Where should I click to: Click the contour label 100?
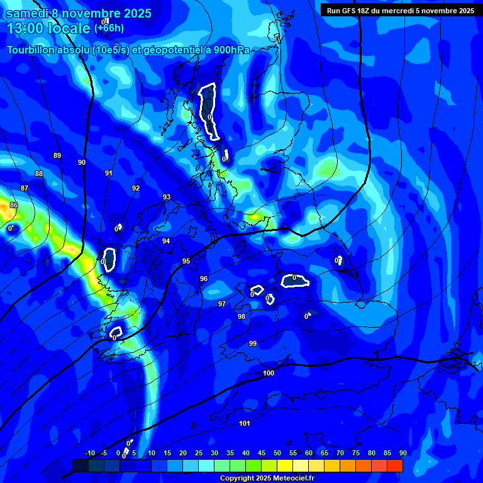click(x=269, y=374)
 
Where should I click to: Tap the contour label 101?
click(x=245, y=423)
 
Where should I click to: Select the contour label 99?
click(x=252, y=343)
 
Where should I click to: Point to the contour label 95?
click(x=186, y=261)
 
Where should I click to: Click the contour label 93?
click(x=167, y=197)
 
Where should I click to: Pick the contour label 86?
click(x=14, y=205)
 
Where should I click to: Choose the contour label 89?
click(x=57, y=155)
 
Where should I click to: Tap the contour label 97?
click(x=221, y=304)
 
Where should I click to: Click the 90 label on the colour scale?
click(x=402, y=453)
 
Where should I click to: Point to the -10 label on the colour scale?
click(x=89, y=453)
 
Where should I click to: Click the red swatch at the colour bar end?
click(x=395, y=465)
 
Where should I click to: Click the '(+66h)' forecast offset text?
click(x=109, y=28)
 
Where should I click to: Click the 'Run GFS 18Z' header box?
click(x=401, y=10)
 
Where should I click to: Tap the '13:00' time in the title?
click(x=23, y=28)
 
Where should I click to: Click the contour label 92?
click(x=136, y=188)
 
